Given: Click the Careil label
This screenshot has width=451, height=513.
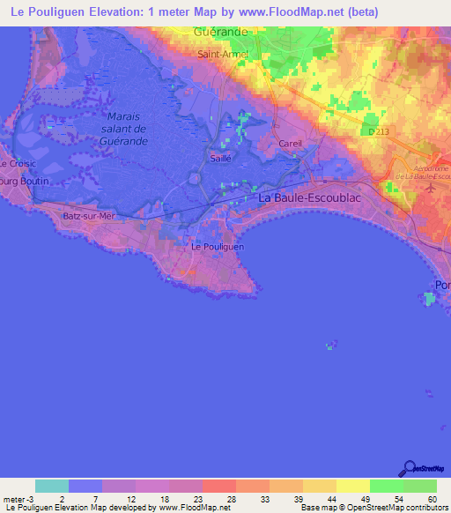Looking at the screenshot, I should click(x=290, y=143).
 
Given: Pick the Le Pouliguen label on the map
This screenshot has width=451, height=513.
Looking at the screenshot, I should click(x=218, y=248).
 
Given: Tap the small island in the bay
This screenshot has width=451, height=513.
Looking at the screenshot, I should click(x=331, y=346).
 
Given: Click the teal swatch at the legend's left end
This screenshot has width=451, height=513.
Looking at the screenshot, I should click(x=52, y=486).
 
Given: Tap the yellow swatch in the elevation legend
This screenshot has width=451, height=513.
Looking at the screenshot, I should click(x=352, y=486).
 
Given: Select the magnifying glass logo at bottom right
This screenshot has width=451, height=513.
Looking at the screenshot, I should click(x=410, y=469).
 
